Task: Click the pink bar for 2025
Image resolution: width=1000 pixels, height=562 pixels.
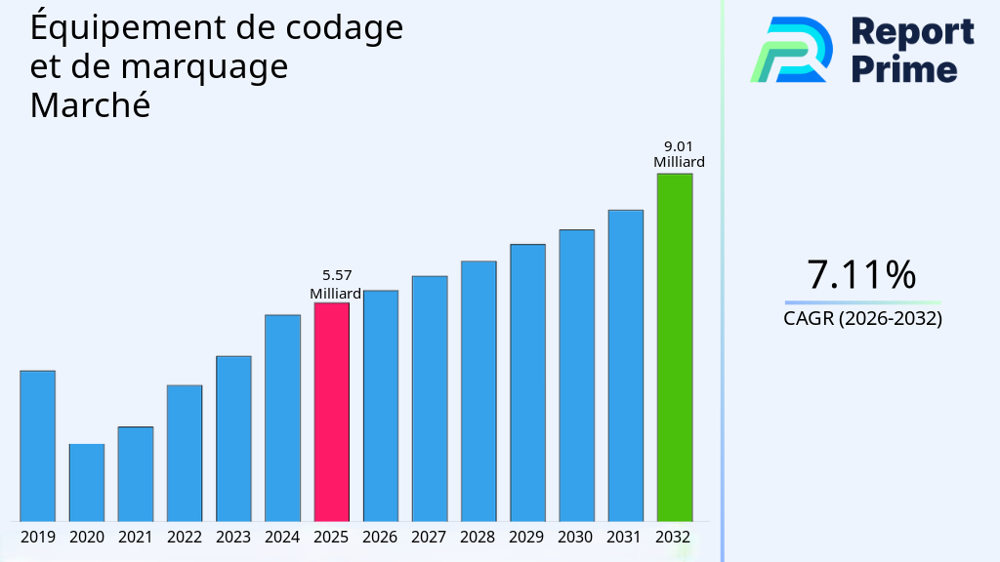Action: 331,412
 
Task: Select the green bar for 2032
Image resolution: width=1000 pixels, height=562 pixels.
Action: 674,347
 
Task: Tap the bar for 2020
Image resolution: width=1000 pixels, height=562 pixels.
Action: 87,482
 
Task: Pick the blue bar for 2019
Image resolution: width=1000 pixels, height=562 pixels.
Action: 38,446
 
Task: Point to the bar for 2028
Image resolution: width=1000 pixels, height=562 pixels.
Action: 479,390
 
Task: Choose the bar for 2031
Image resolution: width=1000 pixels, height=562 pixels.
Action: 625,365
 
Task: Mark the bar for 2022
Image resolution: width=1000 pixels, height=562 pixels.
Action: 185,453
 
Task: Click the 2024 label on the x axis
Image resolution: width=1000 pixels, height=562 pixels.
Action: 282,537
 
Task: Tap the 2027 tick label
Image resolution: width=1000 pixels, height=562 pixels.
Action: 429,537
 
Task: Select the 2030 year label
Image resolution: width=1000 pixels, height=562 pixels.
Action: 576,537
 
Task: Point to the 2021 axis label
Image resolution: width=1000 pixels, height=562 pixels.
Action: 136,537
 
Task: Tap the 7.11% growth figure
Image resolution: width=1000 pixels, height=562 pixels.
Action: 861,275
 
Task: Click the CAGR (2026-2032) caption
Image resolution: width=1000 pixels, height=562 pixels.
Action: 862,318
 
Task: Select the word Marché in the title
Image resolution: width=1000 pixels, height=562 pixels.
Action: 90,105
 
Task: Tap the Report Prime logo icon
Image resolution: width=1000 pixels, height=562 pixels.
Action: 792,49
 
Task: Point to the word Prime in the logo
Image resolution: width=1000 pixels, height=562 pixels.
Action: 904,68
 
